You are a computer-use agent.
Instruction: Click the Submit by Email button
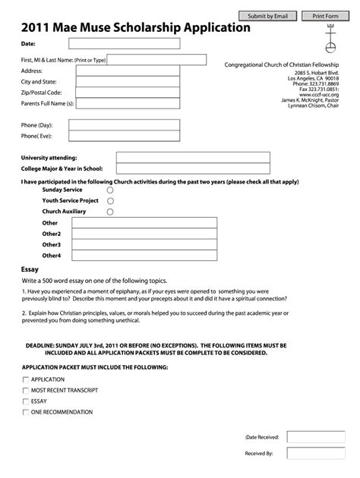click(x=268, y=16)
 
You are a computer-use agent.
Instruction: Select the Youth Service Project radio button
click(x=111, y=201)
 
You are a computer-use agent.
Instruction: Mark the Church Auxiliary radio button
click(x=111, y=212)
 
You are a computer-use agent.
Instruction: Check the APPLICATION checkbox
click(x=26, y=379)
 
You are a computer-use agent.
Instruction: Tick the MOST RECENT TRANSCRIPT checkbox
click(x=26, y=390)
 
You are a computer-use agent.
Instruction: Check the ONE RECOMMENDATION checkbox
click(x=26, y=412)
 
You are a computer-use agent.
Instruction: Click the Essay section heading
click(x=30, y=269)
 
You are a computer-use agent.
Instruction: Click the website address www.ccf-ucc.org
click(x=319, y=94)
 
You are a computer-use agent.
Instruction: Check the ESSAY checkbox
click(x=26, y=401)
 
